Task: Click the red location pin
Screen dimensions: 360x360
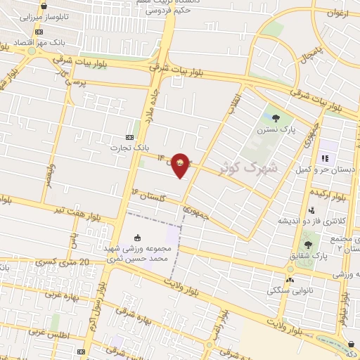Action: [181, 165]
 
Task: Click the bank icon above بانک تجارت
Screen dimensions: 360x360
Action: [129, 137]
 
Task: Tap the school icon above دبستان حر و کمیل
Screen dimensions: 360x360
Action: [324, 158]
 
